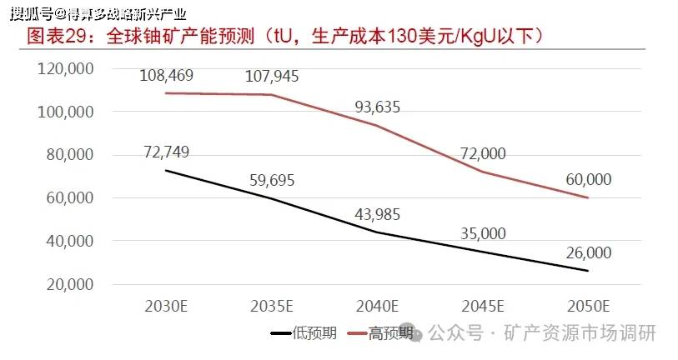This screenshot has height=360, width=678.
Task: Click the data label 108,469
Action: [x=167, y=76]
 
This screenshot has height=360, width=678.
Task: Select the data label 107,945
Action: [x=272, y=77]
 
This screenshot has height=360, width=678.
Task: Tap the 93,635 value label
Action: [x=378, y=107]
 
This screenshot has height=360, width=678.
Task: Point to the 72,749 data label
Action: [x=167, y=152]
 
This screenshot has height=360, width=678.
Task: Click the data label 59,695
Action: [x=272, y=180]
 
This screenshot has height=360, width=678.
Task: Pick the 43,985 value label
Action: [x=378, y=214]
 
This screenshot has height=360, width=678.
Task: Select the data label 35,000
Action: [x=483, y=234]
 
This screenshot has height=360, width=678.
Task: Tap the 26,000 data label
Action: [x=589, y=252]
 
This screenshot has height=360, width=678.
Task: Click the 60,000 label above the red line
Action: [x=589, y=179]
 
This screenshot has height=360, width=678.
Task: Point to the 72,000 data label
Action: [x=483, y=153]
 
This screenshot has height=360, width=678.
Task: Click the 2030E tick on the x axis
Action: [x=166, y=307]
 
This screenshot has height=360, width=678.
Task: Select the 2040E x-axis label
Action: [x=377, y=307]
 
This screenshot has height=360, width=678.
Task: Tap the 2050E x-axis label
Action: [x=588, y=307]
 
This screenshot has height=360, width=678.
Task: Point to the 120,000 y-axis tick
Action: [x=65, y=68]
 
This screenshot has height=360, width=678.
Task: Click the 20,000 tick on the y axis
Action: [x=70, y=284]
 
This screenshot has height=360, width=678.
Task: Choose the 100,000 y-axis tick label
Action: [x=65, y=112]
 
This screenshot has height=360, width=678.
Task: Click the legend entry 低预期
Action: [x=304, y=333]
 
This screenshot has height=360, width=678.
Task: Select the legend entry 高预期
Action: [x=380, y=333]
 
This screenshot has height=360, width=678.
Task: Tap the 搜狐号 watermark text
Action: [x=31, y=14]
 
